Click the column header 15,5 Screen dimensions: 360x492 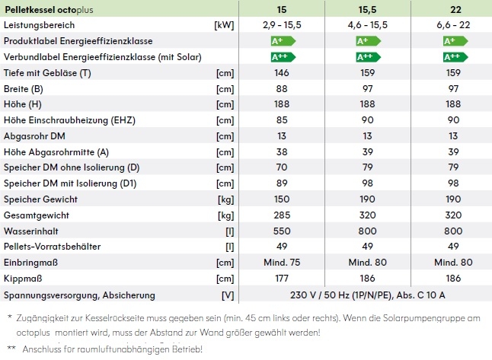(x=368, y=9)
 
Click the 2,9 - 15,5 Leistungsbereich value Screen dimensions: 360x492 (x=283, y=25)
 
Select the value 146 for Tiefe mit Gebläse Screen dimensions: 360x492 (x=283, y=73)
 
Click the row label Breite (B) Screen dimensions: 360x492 (x=24, y=89)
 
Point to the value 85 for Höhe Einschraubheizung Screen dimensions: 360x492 (x=283, y=120)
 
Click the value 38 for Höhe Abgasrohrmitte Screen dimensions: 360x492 (x=283, y=152)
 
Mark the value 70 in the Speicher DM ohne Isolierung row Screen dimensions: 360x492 (x=283, y=167)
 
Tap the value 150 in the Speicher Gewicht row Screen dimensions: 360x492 (x=283, y=199)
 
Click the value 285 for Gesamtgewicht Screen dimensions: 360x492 (x=283, y=215)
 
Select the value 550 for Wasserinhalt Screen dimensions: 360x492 (x=283, y=231)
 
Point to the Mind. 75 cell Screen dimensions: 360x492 (x=283, y=263)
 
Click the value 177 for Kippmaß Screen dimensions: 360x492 (x=283, y=279)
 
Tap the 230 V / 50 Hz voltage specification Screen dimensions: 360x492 (x=368, y=295)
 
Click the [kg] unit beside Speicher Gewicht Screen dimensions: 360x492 (x=224, y=199)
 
